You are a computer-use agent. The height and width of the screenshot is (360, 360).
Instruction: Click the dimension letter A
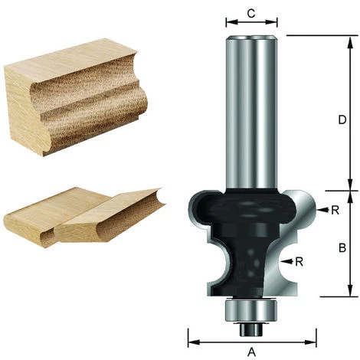click(x=252, y=352)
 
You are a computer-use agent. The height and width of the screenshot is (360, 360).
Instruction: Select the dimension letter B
click(x=343, y=247)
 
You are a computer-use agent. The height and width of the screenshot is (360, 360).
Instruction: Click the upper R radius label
click(x=334, y=208)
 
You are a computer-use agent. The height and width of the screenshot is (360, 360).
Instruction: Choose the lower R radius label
click(x=299, y=261)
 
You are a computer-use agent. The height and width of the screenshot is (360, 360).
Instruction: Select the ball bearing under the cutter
click(x=251, y=310)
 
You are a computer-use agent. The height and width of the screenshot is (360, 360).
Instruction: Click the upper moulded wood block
click(x=73, y=92)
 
